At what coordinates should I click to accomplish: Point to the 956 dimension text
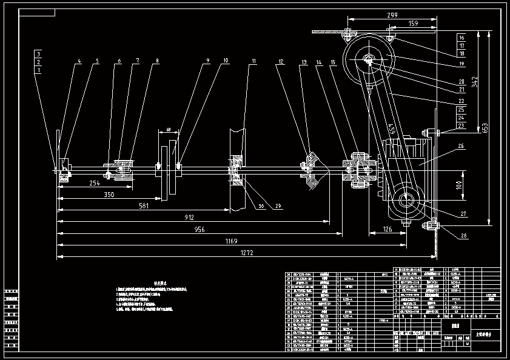(x=199, y=230)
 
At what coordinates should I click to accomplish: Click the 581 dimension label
(x=143, y=206)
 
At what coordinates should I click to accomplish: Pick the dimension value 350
(x=108, y=195)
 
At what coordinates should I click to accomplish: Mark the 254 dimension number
(x=95, y=182)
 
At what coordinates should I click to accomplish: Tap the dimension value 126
(x=388, y=228)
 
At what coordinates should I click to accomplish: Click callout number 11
(x=253, y=61)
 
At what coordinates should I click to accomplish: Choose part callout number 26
(x=461, y=146)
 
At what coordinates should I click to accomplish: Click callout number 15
(x=333, y=61)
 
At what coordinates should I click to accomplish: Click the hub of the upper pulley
(x=369, y=60)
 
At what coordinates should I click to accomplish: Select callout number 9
(x=207, y=61)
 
